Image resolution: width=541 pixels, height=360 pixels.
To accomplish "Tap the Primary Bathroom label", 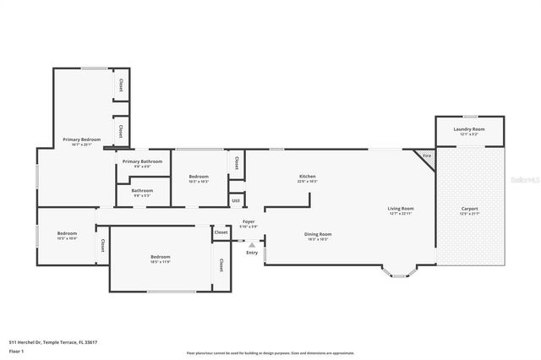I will [142, 161].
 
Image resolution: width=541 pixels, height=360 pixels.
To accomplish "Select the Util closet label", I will [237, 200].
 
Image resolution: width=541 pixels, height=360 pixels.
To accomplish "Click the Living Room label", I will [400, 209].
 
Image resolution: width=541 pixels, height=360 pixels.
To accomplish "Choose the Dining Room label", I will [318, 234].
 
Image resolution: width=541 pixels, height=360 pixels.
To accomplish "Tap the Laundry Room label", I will [468, 129].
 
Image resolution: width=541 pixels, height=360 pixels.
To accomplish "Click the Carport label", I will [469, 209].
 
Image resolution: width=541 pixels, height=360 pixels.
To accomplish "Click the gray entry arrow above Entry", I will [252, 245].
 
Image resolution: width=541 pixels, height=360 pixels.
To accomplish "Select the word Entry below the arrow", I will [252, 253].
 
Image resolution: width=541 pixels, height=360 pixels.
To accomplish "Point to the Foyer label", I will [249, 222].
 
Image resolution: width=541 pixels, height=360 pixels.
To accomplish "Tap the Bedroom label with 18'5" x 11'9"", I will [161, 257].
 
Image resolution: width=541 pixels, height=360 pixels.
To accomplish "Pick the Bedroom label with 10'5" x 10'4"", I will [67, 234].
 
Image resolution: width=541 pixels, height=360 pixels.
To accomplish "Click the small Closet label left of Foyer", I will [221, 232].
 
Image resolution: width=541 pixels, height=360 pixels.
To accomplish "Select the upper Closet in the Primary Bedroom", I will [121, 85].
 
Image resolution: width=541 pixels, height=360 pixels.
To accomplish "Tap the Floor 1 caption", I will [16, 351].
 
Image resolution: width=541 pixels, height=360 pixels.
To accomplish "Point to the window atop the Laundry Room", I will [468, 116].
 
